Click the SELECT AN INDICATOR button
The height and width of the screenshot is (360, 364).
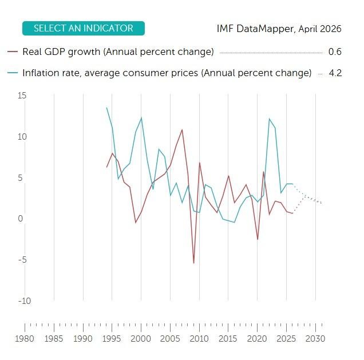pyautogui.click(x=83, y=28)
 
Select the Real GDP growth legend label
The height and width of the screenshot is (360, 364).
pyautogui.click(x=118, y=52)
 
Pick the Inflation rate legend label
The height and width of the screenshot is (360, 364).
pyautogui.click(x=167, y=73)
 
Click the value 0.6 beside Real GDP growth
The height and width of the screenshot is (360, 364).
pyautogui.click(x=335, y=52)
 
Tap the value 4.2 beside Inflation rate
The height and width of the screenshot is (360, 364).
pyautogui.click(x=335, y=73)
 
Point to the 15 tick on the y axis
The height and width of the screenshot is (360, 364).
pyautogui.click(x=22, y=96)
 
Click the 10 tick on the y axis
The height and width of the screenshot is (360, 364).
pyautogui.click(x=22, y=137)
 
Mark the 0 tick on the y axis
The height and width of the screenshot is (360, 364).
pyautogui.click(x=20, y=219)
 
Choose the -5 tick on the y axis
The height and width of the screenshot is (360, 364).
pyautogui.click(x=22, y=260)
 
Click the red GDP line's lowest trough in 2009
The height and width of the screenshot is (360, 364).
pyautogui.click(x=194, y=263)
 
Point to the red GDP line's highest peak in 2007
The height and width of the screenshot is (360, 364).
pyautogui.click(x=182, y=129)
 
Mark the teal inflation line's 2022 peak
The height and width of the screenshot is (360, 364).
pyautogui.click(x=269, y=118)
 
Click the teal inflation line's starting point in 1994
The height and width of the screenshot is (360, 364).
pyautogui.click(x=106, y=108)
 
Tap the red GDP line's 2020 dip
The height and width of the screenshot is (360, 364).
pyautogui.click(x=258, y=239)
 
